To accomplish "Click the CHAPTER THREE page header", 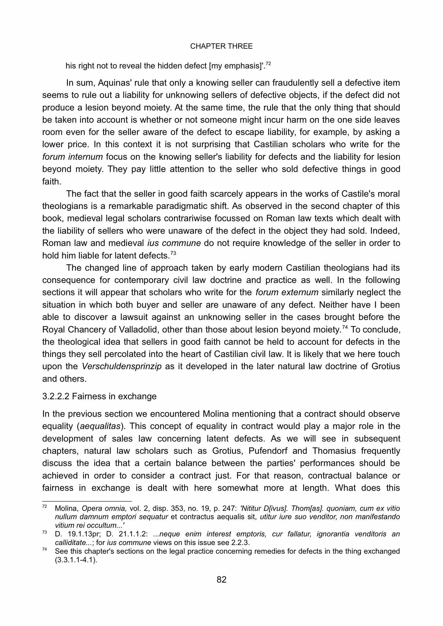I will [x=221, y=46].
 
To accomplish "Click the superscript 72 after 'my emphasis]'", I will [x=268, y=64].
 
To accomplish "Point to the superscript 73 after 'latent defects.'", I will [x=173, y=253].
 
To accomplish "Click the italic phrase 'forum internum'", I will [x=73, y=157].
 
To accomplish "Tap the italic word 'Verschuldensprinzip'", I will [x=122, y=366].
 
